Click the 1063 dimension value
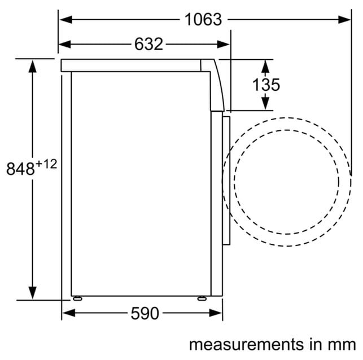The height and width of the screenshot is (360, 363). pyautogui.click(x=203, y=20)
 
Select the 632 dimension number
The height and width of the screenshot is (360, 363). pyautogui.click(x=148, y=44)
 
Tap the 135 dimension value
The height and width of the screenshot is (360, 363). pyautogui.click(x=266, y=85)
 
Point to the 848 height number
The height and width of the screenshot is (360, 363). pyautogui.click(x=20, y=168)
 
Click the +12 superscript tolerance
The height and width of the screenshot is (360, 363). pyautogui.click(x=46, y=165)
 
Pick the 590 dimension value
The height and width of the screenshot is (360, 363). pyautogui.click(x=145, y=313)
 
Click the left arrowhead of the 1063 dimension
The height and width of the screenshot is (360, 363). pyautogui.click(x=66, y=20)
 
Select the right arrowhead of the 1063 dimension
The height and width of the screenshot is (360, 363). pyautogui.click(x=344, y=20)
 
